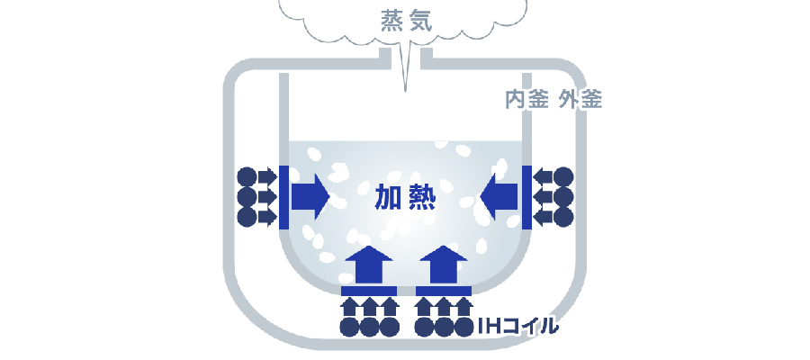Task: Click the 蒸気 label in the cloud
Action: (x=406, y=22)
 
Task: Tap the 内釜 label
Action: (x=526, y=99)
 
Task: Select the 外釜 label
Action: (x=580, y=99)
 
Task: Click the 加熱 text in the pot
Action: (x=405, y=197)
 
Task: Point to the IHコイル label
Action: (x=517, y=327)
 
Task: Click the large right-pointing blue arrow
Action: (x=310, y=197)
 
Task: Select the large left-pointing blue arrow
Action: (x=499, y=197)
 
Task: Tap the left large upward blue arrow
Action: (x=368, y=265)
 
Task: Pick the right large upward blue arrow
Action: (x=443, y=265)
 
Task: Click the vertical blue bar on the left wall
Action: (x=283, y=197)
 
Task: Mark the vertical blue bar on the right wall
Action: (x=526, y=197)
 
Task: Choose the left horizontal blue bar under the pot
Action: (x=369, y=291)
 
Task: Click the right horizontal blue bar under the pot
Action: (x=443, y=291)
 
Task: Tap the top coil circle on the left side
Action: (x=247, y=176)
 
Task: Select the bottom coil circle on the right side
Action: (x=563, y=217)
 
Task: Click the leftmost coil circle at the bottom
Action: (x=350, y=327)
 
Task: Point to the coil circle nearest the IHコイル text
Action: (x=463, y=327)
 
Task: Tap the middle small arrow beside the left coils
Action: (x=267, y=197)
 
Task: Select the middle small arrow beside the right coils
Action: (x=543, y=197)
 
